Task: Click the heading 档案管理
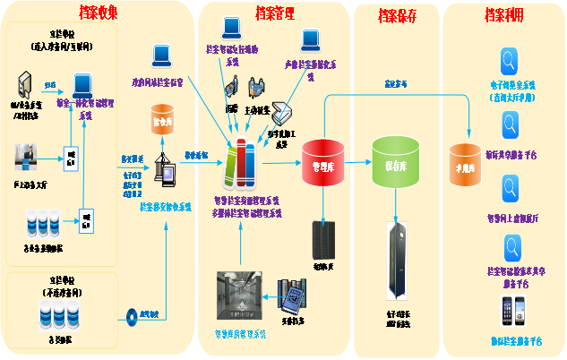[277, 13]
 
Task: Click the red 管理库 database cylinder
[323, 162]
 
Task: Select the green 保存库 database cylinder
[395, 161]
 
